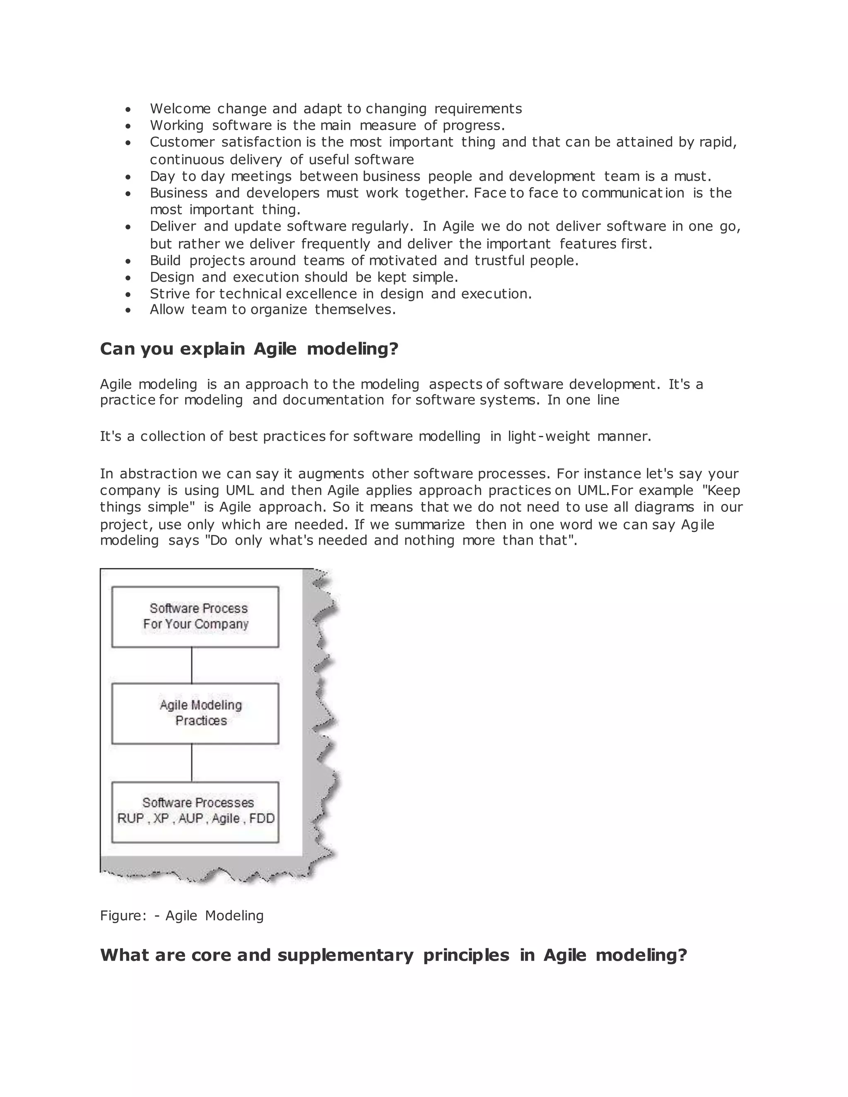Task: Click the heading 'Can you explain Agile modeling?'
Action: (249, 349)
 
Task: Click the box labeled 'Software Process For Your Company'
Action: (195, 616)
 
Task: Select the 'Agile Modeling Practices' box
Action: (195, 713)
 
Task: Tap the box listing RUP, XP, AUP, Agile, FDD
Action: (195, 811)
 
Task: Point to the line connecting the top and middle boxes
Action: (191, 665)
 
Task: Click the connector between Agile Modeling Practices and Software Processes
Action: (191, 762)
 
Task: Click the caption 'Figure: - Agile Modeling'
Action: (181, 915)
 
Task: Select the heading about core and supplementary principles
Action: (393, 955)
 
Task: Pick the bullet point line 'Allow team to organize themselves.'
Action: (272, 309)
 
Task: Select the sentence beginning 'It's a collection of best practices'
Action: (375, 436)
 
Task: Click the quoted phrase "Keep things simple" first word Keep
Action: (723, 490)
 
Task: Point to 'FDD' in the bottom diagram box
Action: (262, 819)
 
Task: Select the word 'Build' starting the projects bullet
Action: (165, 260)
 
